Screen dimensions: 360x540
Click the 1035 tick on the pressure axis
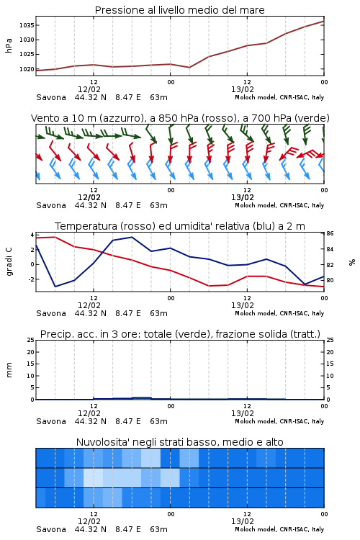(x=27, y=25)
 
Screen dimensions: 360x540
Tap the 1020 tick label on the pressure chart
(x=27, y=69)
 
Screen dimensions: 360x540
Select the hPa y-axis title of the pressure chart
(x=9, y=45)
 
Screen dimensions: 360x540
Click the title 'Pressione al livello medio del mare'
(x=179, y=10)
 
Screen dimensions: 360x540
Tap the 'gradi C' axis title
(x=9, y=262)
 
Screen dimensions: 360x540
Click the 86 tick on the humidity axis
(x=330, y=233)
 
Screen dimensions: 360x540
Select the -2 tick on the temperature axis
(x=31, y=279)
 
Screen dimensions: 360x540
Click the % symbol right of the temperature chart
(x=352, y=262)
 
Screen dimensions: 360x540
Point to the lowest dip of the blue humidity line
(x=55, y=287)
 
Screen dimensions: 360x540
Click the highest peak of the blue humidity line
(x=132, y=237)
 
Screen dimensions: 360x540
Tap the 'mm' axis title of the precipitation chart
(x=9, y=370)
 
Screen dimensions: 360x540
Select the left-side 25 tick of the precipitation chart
(x=31, y=340)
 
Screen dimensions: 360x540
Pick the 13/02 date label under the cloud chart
(x=243, y=521)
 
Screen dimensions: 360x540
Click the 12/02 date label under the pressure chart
(x=89, y=89)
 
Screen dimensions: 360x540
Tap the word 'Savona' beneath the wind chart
(x=51, y=205)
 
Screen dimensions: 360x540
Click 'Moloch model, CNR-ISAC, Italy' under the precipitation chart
(x=279, y=421)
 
